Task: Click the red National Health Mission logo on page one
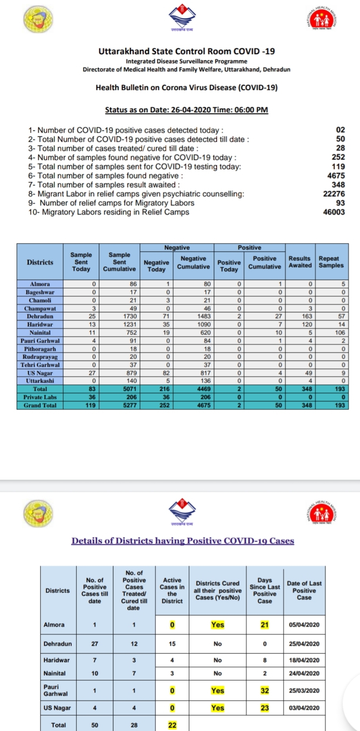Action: [324, 20]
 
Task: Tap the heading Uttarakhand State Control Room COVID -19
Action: [186, 51]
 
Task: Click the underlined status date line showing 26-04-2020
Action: [186, 110]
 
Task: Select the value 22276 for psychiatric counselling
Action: [334, 194]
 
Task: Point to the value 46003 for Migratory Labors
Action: [334, 212]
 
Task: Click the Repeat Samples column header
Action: [331, 262]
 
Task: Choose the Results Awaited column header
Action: [300, 262]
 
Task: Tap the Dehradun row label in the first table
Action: [40, 316]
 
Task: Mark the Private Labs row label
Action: [40, 397]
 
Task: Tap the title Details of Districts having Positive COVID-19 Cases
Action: [183, 541]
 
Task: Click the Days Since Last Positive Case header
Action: [265, 590]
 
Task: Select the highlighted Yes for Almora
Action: [218, 625]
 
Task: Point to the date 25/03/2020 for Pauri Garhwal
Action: [304, 691]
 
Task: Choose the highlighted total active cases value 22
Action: [172, 725]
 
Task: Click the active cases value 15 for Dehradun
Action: [172, 644]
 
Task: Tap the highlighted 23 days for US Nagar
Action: [265, 708]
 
